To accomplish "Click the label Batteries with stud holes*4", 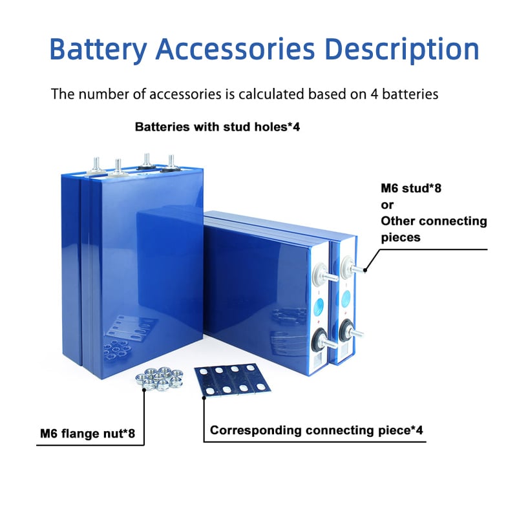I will (217, 127).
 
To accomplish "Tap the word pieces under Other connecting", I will (401, 237).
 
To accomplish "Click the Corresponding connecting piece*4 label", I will (317, 430).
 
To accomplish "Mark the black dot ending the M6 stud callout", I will (366, 270).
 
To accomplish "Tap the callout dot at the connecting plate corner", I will (204, 399).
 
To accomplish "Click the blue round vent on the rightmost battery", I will (346, 298).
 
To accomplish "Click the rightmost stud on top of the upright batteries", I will (171, 163).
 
